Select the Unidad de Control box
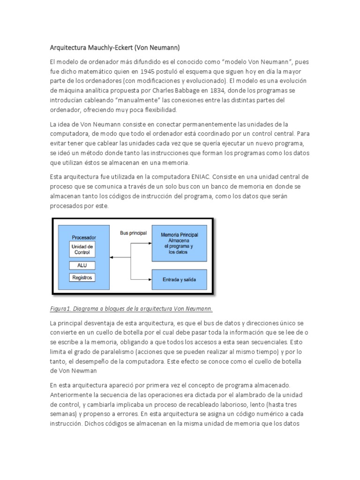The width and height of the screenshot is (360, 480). (82, 249)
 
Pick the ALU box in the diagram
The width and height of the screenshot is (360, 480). (82, 265)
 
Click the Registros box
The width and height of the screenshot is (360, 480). (82, 277)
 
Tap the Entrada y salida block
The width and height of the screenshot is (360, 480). (179, 280)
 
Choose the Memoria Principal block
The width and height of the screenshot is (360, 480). (179, 242)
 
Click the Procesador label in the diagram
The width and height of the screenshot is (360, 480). (83, 238)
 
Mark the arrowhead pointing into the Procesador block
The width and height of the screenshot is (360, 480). (113, 257)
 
